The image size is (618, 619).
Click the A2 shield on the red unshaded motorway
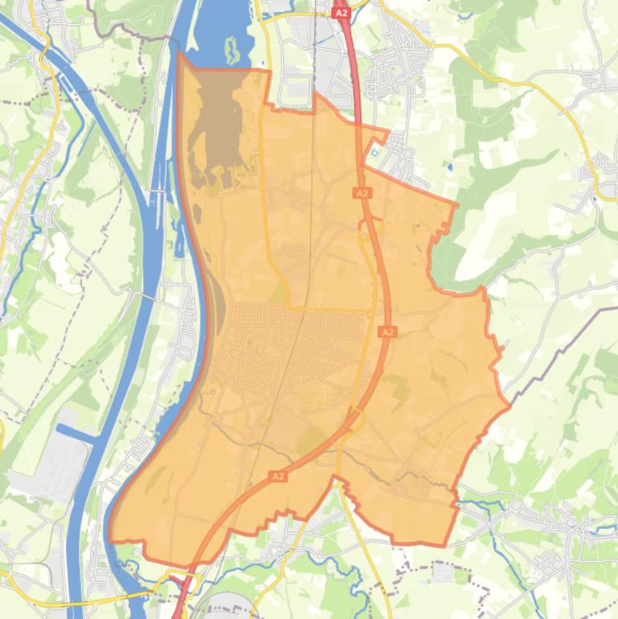coord(341,13)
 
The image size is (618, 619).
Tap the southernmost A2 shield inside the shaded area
coord(278,477)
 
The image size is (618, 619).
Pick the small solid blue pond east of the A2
coord(448,168)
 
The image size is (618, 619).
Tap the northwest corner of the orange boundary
coord(178,54)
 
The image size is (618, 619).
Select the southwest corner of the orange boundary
coord(110,539)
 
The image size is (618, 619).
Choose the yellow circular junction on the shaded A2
coord(354,418)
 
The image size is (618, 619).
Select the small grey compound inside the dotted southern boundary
coord(443,572)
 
